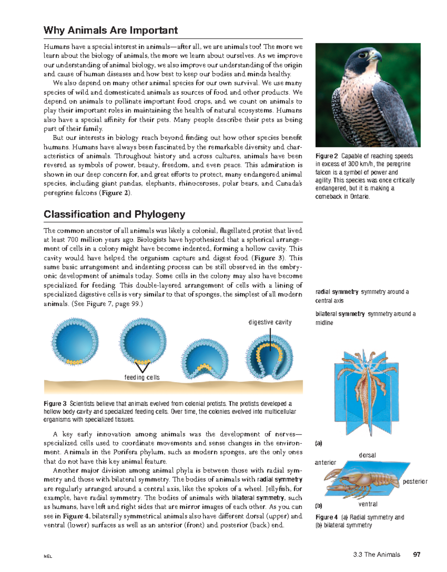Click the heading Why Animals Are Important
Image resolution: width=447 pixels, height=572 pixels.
tap(111, 30)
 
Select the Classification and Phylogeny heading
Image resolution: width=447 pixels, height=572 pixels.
tap(114, 214)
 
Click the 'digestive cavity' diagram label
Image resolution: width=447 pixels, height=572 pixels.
tap(270, 322)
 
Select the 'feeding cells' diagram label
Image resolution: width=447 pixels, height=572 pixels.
tap(142, 377)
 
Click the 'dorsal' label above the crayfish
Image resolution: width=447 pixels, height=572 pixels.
tap(367, 455)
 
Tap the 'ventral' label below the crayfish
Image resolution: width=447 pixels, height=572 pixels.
tap(368, 504)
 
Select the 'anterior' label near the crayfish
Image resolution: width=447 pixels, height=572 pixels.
tap(326, 463)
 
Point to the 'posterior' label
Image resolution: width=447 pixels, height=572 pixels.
tap(415, 482)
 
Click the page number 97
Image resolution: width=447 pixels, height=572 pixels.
tap(417, 554)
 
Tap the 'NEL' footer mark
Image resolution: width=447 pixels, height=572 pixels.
tap(48, 556)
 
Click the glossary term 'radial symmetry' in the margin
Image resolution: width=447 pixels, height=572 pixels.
tap(337, 292)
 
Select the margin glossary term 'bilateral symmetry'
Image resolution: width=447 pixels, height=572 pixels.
tap(340, 314)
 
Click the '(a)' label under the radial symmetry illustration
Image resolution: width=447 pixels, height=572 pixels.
tap(318, 443)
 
